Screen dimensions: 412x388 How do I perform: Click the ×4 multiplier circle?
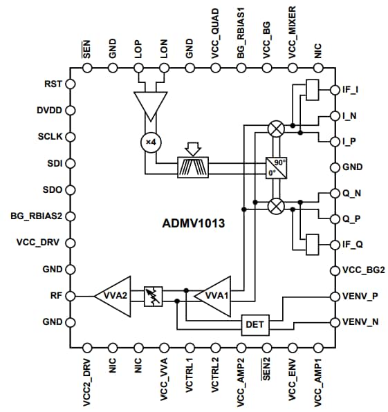tap(149, 142)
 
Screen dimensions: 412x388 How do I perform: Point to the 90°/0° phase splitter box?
tap(275, 167)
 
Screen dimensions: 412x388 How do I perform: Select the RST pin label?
tap(53, 84)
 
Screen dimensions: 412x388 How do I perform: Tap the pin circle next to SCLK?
tap(70, 137)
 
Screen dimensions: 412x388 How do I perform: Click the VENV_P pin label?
tap(360, 296)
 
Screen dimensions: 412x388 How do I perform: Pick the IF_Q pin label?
tap(353, 245)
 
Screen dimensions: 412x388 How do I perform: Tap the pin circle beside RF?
tap(70, 296)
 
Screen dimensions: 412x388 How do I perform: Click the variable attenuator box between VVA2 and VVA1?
tap(154, 297)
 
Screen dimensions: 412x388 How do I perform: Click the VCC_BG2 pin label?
tap(360, 270)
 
